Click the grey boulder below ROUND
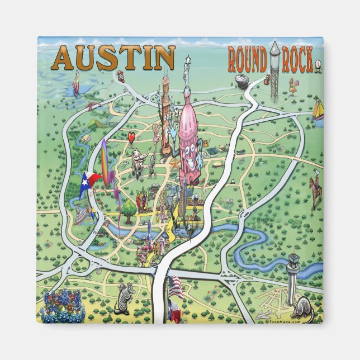pyautogui.click(x=242, y=80)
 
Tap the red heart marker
pyautogui.click(x=131, y=138)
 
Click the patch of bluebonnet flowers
pyautogui.click(x=63, y=307)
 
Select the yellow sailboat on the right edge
pyautogui.click(x=318, y=110)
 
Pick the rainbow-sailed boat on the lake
pyautogui.click(x=76, y=84)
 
